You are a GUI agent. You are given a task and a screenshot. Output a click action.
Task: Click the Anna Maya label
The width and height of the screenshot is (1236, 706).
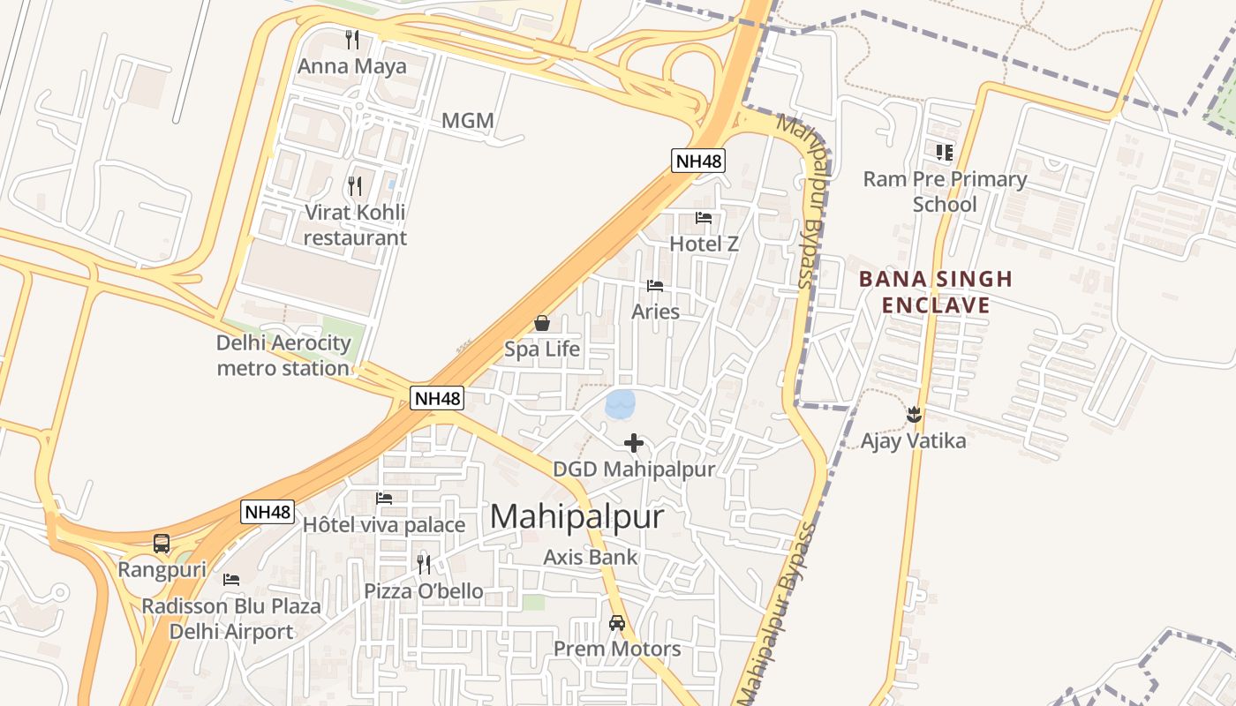click(x=351, y=66)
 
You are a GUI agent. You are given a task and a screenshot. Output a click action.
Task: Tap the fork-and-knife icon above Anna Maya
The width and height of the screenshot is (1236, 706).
click(x=352, y=40)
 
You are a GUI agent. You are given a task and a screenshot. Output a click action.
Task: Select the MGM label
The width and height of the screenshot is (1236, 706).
click(x=467, y=121)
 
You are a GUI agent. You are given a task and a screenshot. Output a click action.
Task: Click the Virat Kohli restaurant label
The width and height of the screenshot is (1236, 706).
click(x=355, y=225)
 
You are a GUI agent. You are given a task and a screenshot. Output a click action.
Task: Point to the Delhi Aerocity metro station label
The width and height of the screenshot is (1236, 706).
click(x=283, y=355)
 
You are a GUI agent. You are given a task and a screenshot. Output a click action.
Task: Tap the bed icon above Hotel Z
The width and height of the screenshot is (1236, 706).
click(x=704, y=218)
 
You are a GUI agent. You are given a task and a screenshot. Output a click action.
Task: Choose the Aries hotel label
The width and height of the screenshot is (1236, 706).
click(x=655, y=312)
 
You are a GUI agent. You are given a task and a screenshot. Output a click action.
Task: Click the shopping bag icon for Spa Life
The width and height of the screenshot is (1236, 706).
click(x=542, y=323)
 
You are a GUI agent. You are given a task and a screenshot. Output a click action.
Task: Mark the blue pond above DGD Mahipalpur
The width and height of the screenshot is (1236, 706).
click(x=620, y=404)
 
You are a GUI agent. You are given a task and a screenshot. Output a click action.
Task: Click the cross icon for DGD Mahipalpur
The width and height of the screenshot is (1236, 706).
click(x=634, y=443)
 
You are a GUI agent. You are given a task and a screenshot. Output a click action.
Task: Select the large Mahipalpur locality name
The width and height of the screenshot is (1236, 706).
click(x=576, y=516)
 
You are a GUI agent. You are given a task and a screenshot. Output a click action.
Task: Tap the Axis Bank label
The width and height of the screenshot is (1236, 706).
click(x=590, y=557)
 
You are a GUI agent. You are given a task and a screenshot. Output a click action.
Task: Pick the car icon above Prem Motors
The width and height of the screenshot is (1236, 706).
click(x=617, y=623)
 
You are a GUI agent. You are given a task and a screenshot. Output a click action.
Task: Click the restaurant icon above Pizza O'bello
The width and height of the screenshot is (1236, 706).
click(x=424, y=564)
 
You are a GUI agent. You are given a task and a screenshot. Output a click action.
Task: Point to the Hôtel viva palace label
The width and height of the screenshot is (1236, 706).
click(x=383, y=525)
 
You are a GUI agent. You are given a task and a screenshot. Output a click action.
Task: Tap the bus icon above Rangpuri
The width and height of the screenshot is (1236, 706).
click(x=162, y=544)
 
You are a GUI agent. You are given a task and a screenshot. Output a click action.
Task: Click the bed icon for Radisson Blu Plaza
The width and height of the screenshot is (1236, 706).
click(x=231, y=580)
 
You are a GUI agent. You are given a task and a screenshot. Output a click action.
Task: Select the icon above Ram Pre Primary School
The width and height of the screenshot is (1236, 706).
click(x=945, y=153)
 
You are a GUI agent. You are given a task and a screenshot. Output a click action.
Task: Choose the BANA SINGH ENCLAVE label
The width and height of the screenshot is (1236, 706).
click(x=935, y=292)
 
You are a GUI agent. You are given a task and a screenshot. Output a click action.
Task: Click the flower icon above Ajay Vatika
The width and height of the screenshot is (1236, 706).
click(x=914, y=414)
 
